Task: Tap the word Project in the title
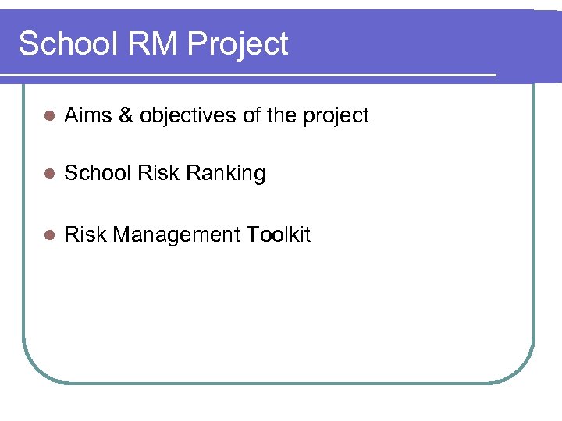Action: coord(238,45)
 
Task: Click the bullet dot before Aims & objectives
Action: coord(48,116)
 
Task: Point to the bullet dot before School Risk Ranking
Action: coord(48,174)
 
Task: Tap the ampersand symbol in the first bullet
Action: coord(125,115)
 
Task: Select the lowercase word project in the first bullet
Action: coord(335,117)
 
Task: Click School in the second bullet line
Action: coord(98,173)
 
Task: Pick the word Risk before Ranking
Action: coord(158,173)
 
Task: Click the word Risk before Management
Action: coord(85,235)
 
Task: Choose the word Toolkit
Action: coord(279,235)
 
